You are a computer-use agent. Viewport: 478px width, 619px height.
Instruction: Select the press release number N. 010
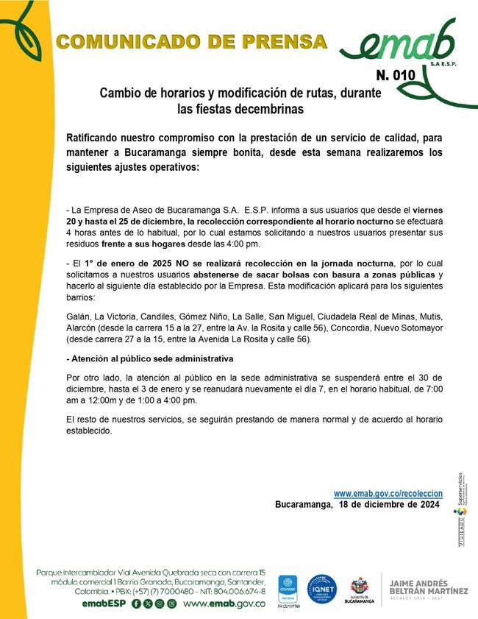pos(396,75)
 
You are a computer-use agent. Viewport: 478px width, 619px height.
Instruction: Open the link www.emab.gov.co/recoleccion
pos(388,493)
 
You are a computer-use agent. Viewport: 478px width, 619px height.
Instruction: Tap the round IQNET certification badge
pos(321,589)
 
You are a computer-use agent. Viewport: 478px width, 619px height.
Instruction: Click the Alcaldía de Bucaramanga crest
pos(359,586)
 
